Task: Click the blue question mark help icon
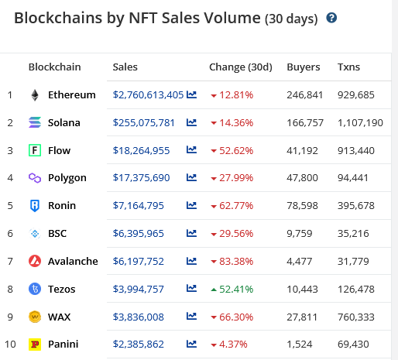coord(331,18)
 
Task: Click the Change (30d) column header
coord(241,67)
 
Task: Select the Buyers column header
coord(304,67)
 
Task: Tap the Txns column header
coord(348,67)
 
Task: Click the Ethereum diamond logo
coord(35,95)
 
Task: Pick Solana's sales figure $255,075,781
coord(144,123)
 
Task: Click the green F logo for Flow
coord(35,150)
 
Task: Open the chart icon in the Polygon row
coord(191,177)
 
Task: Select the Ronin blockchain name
coord(62,206)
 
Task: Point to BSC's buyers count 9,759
coord(300,234)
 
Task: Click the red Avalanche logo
coord(35,261)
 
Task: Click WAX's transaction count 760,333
coord(356,317)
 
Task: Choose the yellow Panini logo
coord(35,345)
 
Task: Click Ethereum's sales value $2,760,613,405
coord(148,95)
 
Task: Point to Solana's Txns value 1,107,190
coord(360,123)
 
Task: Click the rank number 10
coord(10,345)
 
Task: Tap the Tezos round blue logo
coord(35,289)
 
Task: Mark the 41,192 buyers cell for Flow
coord(302,150)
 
